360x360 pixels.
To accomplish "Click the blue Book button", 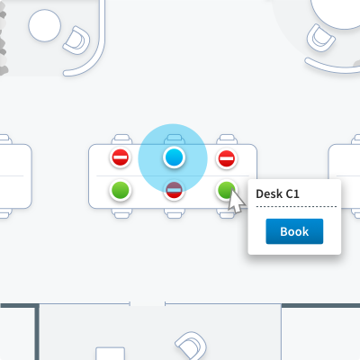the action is tap(294, 231).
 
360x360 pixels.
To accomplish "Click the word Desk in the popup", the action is tap(269, 193).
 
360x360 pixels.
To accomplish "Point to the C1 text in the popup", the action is tap(292, 194).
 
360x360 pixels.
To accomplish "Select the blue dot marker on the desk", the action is tap(174, 157).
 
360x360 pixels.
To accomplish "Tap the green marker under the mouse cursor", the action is tap(227, 190).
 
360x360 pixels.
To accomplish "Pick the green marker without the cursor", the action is tap(121, 190).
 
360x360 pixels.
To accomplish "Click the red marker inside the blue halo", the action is tap(174, 190).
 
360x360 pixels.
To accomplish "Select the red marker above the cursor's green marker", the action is tap(227, 158).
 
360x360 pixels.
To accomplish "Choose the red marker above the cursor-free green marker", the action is tap(121, 157).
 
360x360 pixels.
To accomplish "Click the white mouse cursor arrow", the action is tap(236, 201).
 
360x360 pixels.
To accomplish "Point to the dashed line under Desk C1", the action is tap(296, 207).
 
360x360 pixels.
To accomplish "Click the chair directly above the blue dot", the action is tap(174, 139).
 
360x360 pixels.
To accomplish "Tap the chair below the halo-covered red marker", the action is tap(174, 213).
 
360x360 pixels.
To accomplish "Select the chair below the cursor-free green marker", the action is tap(121, 213).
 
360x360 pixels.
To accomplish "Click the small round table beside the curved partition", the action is tap(45, 25).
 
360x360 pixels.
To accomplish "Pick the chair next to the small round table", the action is tap(76, 40).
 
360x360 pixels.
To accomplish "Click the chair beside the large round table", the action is tap(320, 38).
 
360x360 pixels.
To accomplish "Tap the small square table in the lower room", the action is tap(110, 354).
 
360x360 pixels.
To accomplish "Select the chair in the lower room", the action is tap(191, 346).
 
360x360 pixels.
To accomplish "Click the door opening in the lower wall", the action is tap(148, 304).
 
